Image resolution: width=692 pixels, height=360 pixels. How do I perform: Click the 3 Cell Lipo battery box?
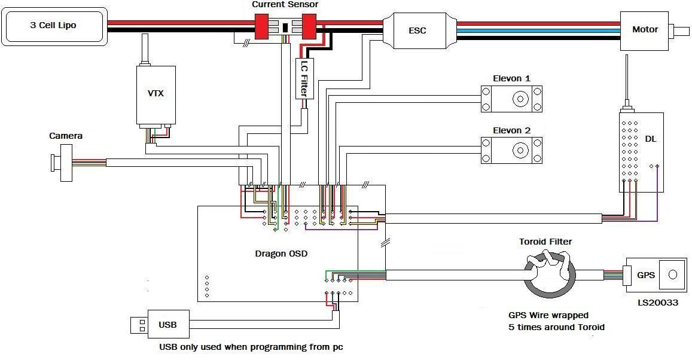pos(54,26)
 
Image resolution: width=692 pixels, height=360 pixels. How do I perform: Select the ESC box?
pos(417,30)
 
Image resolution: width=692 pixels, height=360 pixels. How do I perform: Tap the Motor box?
pos(644,29)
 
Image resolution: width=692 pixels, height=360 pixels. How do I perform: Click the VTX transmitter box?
pos(156,94)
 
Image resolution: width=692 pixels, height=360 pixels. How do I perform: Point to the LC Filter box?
pos(304,78)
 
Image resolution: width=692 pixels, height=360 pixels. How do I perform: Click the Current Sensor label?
pos(285,4)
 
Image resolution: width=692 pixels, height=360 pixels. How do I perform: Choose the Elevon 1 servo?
pos(512,99)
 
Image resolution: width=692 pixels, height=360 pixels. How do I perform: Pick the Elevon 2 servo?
pos(512,151)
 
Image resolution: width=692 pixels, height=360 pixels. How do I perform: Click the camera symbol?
pos(61,163)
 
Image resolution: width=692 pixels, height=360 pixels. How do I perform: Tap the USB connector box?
pos(168,325)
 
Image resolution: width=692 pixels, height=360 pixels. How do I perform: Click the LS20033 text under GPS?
pos(658,303)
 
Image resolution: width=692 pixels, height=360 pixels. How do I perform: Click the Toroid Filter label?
pos(545,242)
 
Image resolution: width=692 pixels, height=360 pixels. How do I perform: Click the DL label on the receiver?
pos(650,139)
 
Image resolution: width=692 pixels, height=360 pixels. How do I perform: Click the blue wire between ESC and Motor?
pos(538,30)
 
